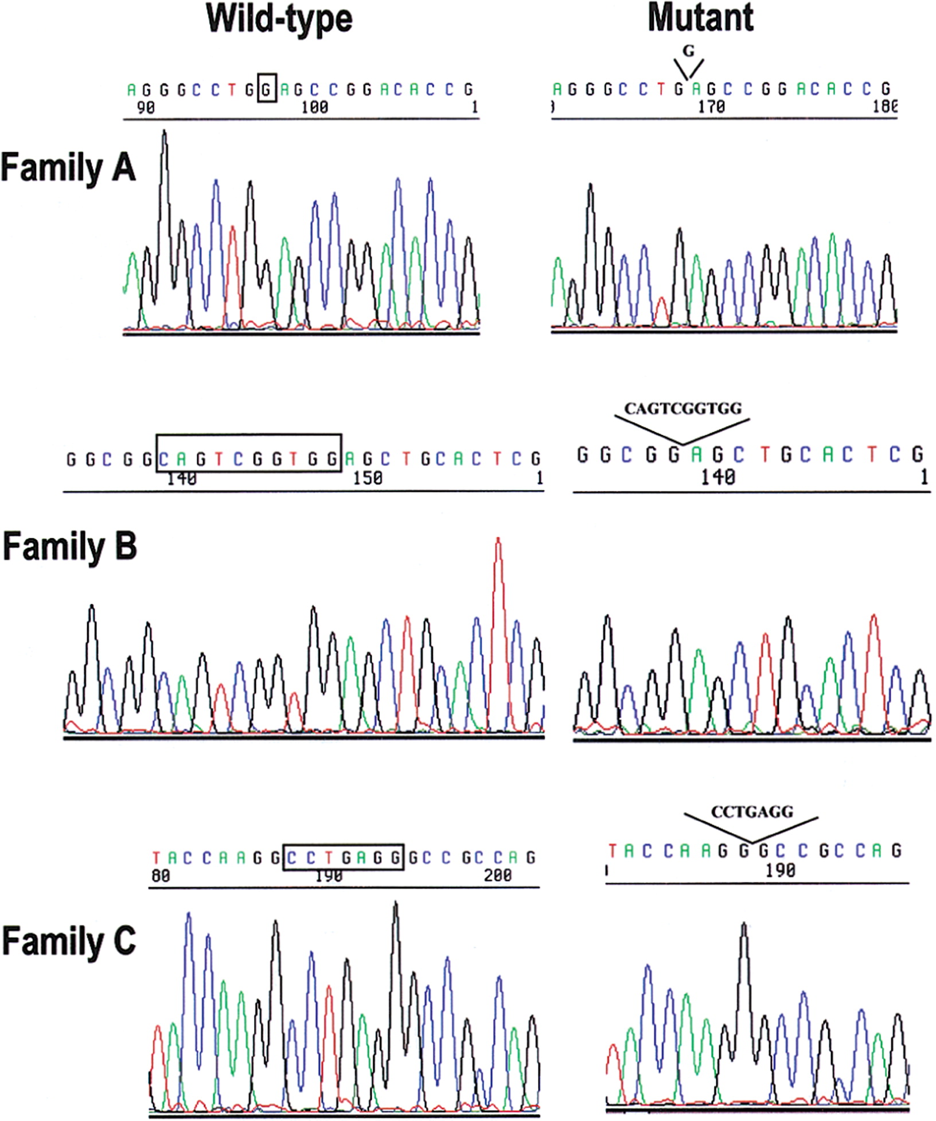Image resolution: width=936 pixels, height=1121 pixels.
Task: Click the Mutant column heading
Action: tap(700, 19)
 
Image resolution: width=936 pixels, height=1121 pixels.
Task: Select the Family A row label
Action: tap(68, 169)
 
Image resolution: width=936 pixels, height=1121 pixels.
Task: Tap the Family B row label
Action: tap(69, 546)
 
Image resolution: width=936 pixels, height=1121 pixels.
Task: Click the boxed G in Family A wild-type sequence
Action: tap(267, 89)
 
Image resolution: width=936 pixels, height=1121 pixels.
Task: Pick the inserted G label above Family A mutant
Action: tap(688, 51)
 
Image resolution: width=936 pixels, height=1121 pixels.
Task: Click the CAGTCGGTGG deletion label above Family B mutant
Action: tap(682, 408)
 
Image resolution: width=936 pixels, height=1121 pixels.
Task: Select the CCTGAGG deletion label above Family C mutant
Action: tap(752, 811)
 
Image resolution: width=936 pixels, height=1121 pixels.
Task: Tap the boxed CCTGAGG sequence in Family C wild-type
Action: tap(344, 857)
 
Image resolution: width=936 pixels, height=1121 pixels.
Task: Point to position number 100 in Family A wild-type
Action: tap(315, 107)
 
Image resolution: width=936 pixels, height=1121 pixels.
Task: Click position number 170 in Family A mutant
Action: tap(711, 107)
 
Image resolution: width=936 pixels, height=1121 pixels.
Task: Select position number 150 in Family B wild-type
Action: tap(366, 478)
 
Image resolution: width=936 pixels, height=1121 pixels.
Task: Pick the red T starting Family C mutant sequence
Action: tap(613, 850)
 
